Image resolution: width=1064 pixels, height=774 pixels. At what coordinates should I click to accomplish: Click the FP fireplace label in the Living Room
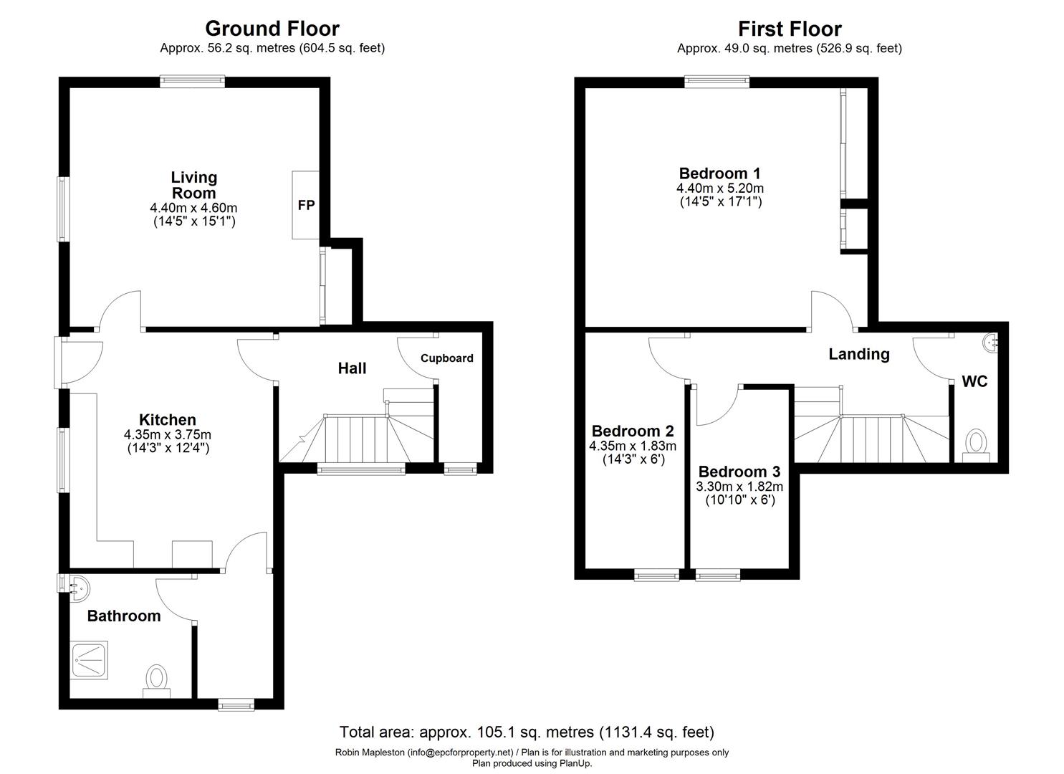point(306,205)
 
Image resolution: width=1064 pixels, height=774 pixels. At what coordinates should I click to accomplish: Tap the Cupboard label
point(446,358)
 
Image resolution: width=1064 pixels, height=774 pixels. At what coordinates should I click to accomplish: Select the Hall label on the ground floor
point(352,368)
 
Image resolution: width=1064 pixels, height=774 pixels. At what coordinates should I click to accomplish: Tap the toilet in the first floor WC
point(976,444)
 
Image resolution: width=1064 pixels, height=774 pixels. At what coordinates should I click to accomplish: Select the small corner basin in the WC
point(992,342)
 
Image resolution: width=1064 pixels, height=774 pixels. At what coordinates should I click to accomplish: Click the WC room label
point(974,381)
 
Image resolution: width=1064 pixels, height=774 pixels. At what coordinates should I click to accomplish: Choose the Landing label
point(858,354)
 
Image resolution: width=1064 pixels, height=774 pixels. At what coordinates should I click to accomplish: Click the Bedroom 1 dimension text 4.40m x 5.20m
point(719,188)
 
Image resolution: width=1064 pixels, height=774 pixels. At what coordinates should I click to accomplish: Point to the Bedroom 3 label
point(739,472)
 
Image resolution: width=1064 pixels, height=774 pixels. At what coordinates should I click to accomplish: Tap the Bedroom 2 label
point(632,431)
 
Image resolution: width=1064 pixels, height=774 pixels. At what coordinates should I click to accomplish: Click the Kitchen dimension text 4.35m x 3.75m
point(167,435)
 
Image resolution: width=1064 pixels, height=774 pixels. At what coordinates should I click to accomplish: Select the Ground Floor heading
point(272,29)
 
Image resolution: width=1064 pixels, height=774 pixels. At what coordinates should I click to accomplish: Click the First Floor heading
point(790,29)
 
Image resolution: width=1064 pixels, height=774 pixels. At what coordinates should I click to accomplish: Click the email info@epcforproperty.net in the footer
point(461,752)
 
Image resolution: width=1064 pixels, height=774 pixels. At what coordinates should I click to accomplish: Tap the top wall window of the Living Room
point(192,82)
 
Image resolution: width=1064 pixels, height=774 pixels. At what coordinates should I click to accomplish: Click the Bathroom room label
point(124,616)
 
